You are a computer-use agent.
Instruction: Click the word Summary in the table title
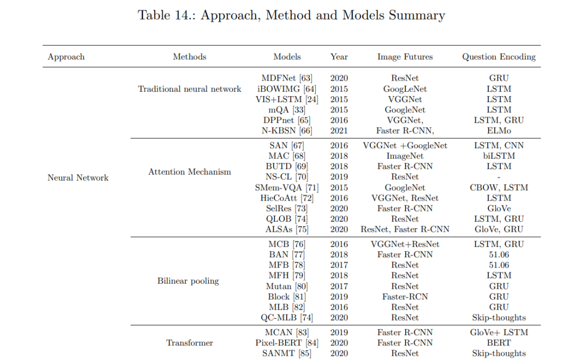[x=417, y=15]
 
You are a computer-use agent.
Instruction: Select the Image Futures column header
[x=405, y=57]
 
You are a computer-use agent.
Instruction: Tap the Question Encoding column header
[x=499, y=57]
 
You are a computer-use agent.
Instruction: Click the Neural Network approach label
[x=78, y=178]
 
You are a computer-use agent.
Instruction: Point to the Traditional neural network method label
[x=190, y=89]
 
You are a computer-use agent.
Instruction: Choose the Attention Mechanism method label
[x=190, y=172]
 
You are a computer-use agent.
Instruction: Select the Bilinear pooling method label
[x=188, y=281]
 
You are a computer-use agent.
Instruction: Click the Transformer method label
[x=190, y=343]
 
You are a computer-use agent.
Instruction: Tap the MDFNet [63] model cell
[x=287, y=78]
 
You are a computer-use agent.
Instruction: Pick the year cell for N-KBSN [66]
[x=339, y=131]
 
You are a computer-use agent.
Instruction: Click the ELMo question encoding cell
[x=499, y=131]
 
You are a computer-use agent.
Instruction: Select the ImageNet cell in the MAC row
[x=405, y=156]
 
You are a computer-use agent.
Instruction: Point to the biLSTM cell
[x=499, y=156]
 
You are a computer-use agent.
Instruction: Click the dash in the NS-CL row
[x=499, y=177]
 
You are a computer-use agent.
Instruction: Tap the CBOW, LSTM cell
[x=499, y=188]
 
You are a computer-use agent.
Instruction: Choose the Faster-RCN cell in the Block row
[x=405, y=297]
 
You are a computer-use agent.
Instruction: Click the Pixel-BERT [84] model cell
[x=287, y=343]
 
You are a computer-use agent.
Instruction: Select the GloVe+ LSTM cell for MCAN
[x=499, y=332]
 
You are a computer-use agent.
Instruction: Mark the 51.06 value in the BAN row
[x=499, y=255]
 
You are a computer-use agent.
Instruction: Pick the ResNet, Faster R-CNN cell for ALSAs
[x=405, y=229]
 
